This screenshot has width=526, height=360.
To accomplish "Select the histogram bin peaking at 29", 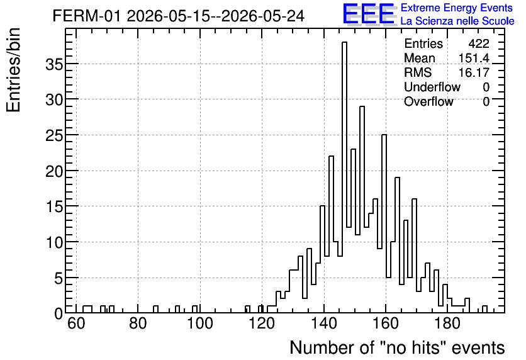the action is (x=362, y=210).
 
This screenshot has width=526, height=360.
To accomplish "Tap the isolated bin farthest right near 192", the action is (x=484, y=309).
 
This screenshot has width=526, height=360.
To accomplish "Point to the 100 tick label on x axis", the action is (x=200, y=323).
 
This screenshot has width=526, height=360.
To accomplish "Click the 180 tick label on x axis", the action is (x=447, y=323).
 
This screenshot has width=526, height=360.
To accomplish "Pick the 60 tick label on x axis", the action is (x=76, y=323).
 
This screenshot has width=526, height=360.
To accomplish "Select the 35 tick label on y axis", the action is (x=54, y=64).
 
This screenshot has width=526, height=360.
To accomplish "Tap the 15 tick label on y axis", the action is (x=54, y=206).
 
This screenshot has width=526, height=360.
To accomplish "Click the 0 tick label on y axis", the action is (x=59, y=313).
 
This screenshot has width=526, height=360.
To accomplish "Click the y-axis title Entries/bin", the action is (x=13, y=70).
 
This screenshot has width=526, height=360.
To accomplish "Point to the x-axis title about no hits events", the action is (x=397, y=347).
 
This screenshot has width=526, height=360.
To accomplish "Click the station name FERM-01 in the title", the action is (x=86, y=16).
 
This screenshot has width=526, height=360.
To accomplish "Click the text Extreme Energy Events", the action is (x=457, y=8).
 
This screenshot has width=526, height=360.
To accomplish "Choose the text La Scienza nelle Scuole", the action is (x=457, y=21).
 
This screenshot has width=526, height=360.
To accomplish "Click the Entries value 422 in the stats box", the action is (x=479, y=43).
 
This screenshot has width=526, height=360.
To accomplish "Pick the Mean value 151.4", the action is (x=474, y=58).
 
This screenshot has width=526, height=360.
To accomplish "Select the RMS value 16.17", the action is (x=474, y=72).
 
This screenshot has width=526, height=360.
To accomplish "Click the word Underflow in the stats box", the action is (x=432, y=87).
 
